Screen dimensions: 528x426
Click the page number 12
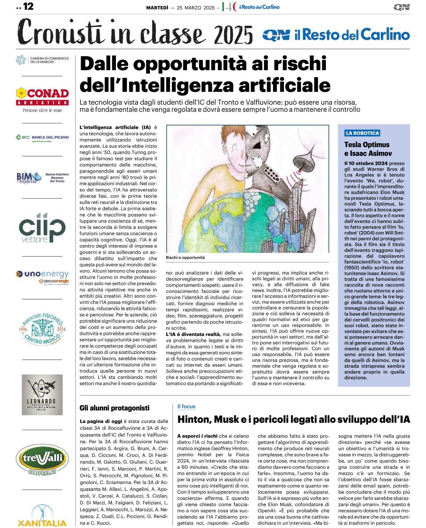click(28, 6)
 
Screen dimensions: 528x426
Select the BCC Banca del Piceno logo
click(42, 138)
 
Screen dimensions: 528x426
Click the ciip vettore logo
click(42, 228)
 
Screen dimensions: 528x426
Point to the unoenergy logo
click(42, 276)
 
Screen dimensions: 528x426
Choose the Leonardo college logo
click(42, 395)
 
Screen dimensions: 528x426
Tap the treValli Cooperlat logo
click(42, 459)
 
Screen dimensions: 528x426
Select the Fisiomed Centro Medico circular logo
click(42, 329)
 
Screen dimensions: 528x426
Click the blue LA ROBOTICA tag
click(362, 133)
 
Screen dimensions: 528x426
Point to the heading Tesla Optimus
click(367, 145)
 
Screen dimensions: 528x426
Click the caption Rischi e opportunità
click(185, 257)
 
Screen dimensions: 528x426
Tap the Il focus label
click(186, 406)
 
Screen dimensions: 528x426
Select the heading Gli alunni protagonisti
click(114, 408)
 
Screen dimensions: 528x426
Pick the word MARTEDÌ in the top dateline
click(157, 8)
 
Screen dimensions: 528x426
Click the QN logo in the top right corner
click(401, 7)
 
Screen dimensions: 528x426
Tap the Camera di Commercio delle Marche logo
click(42, 60)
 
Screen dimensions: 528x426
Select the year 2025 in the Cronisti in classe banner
click(234, 35)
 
